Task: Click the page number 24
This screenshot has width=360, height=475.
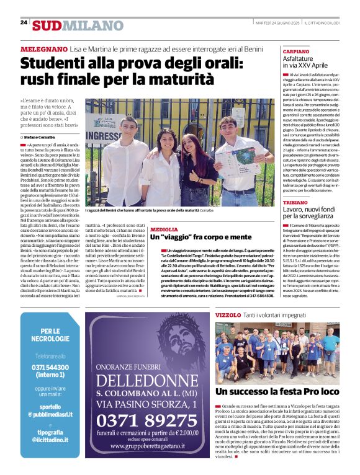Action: [24, 22]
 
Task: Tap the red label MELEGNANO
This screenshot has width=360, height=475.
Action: [43, 48]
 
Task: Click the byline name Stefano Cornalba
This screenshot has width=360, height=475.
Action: [41, 136]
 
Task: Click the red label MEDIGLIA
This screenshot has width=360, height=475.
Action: [164, 229]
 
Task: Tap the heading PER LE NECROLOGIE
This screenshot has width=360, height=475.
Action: [50, 336]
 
